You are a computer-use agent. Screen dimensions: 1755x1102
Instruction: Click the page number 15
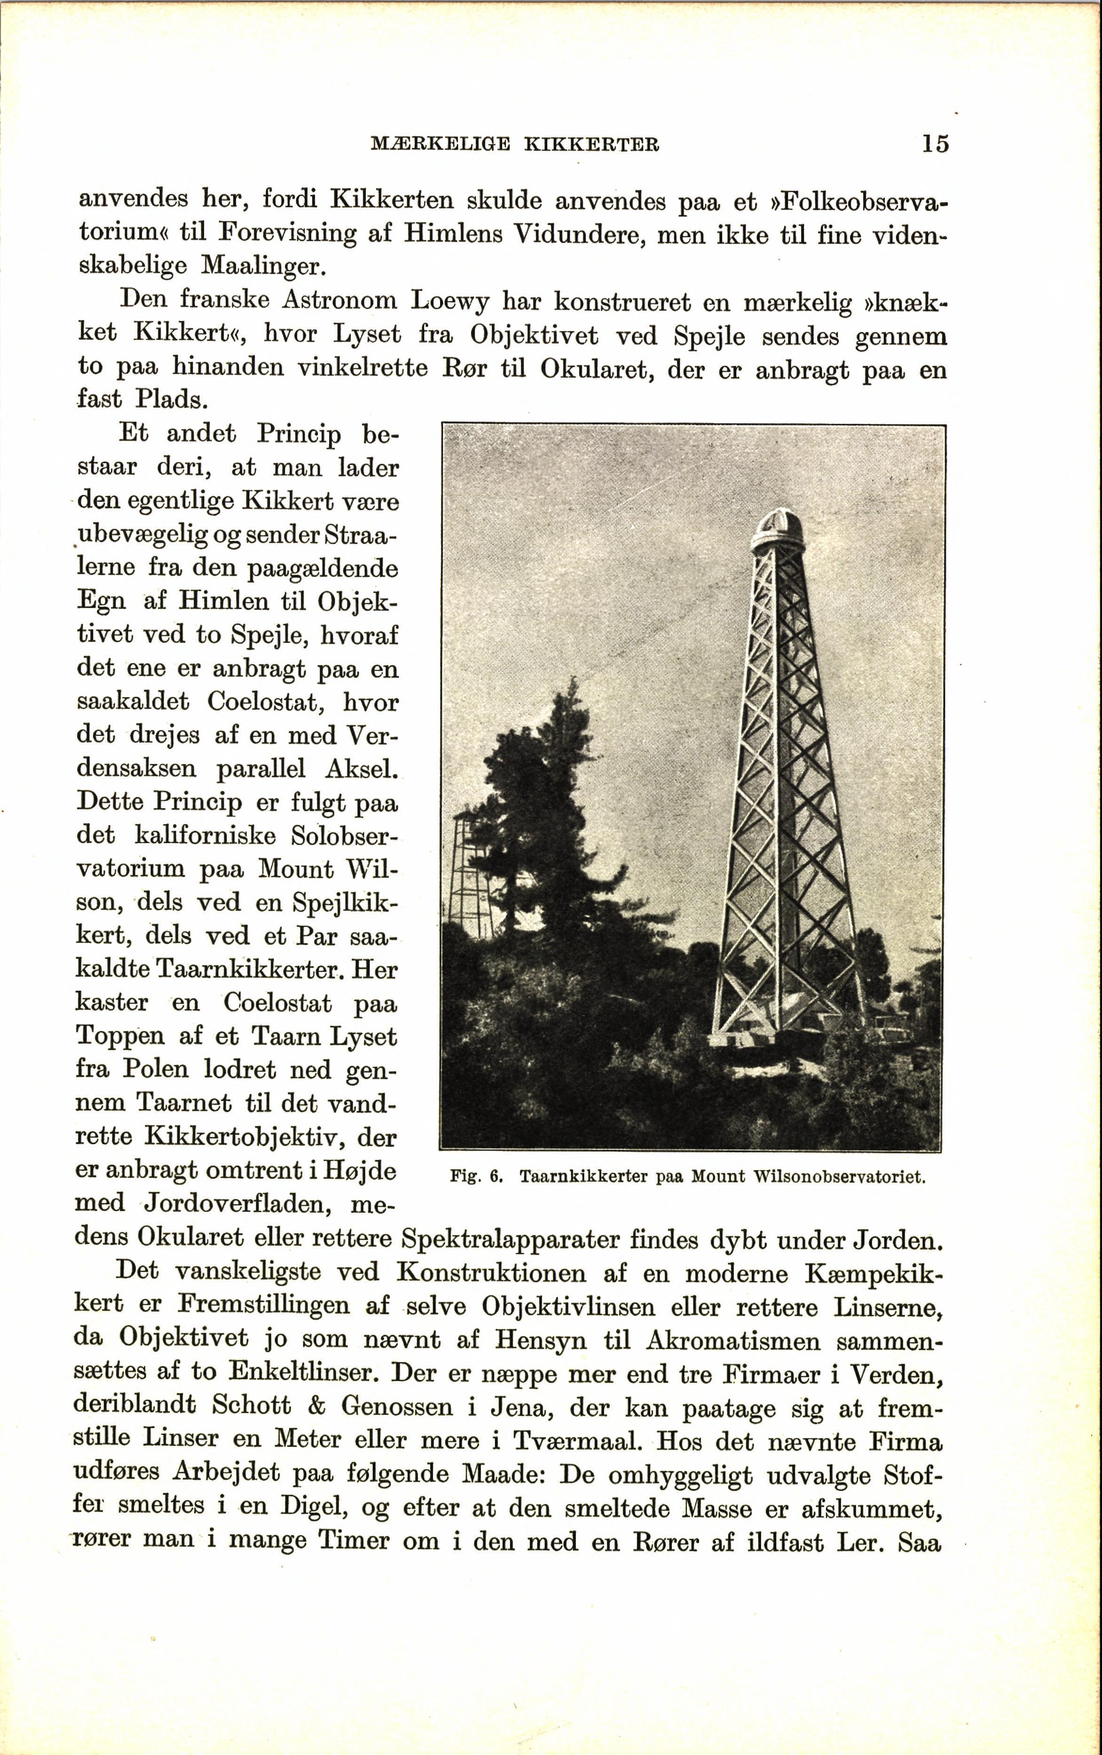pyautogui.click(x=935, y=143)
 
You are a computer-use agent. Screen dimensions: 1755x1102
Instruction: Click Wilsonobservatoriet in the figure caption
pyautogui.click(x=839, y=1176)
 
